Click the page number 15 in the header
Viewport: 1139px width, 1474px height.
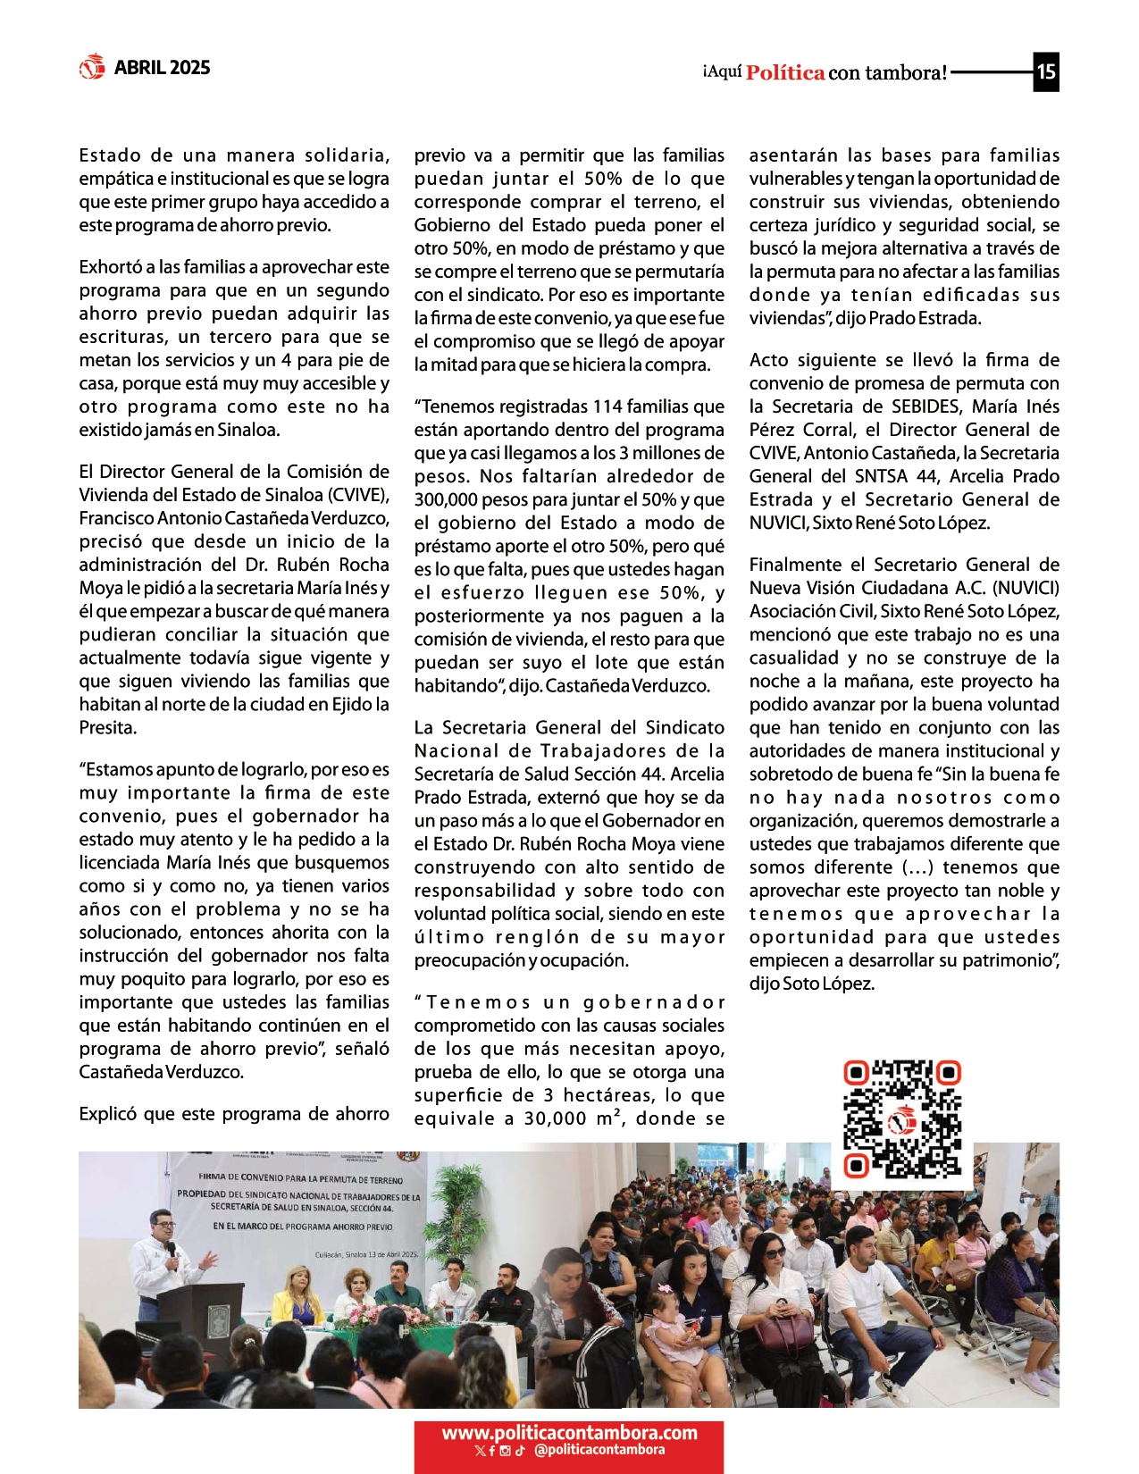pyautogui.click(x=1046, y=71)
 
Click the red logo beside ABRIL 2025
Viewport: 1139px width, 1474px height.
pyautogui.click(x=92, y=67)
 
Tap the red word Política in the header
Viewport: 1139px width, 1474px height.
pyautogui.click(x=785, y=73)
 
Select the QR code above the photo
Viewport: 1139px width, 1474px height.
pyautogui.click(x=902, y=1118)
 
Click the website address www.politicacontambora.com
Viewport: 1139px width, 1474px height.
pyautogui.click(x=569, y=1432)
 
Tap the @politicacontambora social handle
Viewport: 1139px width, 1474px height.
pyautogui.click(x=599, y=1450)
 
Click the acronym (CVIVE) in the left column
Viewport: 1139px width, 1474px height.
pyautogui.click(x=358, y=495)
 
